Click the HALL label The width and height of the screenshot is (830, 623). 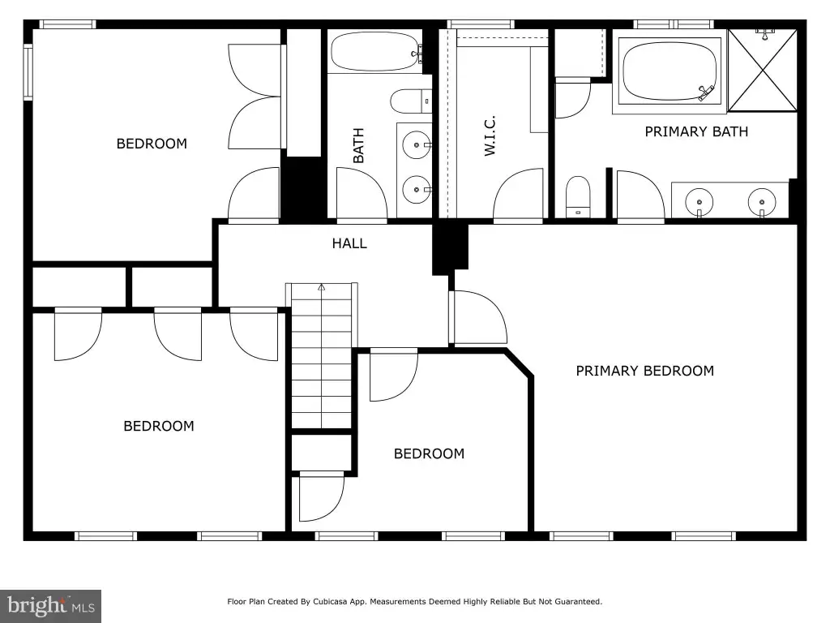(x=349, y=243)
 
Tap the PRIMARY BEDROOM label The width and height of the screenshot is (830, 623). (x=644, y=371)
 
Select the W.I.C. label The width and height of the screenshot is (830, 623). (x=490, y=135)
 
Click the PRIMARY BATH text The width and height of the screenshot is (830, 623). (x=696, y=131)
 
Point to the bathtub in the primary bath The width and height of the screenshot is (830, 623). (x=670, y=71)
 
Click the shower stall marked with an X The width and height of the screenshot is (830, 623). (x=762, y=71)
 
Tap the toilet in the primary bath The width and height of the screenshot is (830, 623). (x=577, y=197)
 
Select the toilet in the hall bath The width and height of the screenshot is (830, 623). (x=411, y=101)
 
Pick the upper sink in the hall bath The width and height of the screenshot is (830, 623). (x=417, y=144)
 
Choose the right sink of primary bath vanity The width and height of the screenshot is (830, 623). (x=762, y=202)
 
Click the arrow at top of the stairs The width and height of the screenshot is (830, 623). (x=321, y=288)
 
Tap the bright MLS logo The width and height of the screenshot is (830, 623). (x=51, y=606)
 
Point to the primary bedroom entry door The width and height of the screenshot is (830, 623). (x=478, y=317)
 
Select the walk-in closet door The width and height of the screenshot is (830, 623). (x=518, y=194)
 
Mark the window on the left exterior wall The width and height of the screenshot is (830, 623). (x=28, y=71)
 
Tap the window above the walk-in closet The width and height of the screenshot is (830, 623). (x=481, y=24)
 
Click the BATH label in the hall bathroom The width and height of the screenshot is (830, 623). (x=358, y=145)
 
